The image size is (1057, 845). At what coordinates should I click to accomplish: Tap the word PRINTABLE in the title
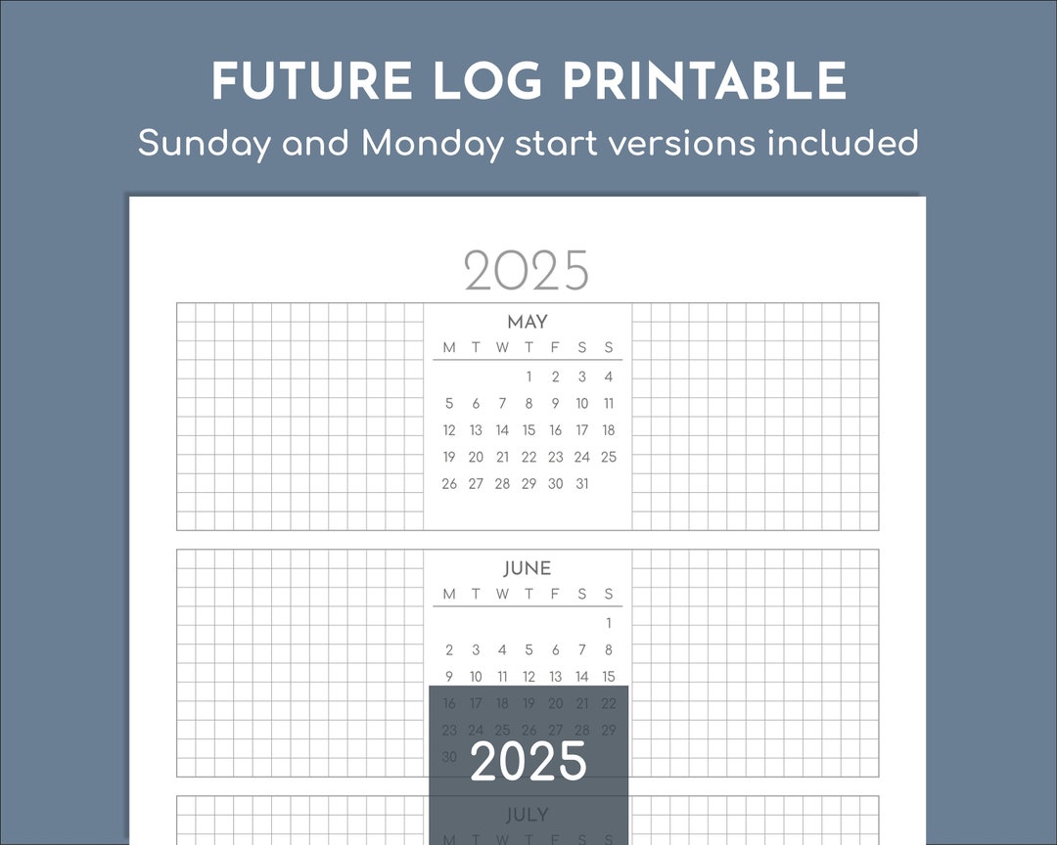point(705,81)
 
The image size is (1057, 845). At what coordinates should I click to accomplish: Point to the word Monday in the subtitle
point(433,144)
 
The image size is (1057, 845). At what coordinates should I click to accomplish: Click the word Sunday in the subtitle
point(205,144)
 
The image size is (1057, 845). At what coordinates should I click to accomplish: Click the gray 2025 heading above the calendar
point(527,271)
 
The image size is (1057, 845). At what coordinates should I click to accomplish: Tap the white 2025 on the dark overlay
point(528,761)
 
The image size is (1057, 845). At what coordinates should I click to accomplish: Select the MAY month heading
point(528,322)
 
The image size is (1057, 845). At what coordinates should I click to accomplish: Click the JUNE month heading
point(528,568)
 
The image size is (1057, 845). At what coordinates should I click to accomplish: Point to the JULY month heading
point(528,815)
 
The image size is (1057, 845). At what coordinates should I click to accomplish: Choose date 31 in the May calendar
point(582,483)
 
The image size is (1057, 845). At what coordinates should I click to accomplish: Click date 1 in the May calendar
point(529,377)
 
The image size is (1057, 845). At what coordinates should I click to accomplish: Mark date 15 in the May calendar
point(528,430)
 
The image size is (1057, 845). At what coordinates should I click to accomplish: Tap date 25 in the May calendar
point(609,457)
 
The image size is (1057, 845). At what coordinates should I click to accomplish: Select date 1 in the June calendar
point(609,623)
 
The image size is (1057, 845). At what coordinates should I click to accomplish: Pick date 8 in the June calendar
point(609,649)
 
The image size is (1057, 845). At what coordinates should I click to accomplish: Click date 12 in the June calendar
point(528,676)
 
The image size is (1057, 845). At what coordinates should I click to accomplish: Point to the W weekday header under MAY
point(502,347)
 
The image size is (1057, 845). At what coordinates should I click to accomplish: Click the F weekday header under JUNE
point(555,594)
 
